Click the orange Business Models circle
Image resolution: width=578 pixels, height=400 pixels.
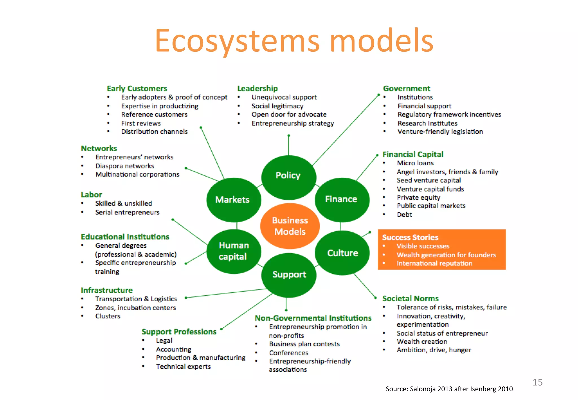point(290,226)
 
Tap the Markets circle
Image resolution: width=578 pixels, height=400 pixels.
point(233,200)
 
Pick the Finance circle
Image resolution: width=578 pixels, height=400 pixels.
point(341,199)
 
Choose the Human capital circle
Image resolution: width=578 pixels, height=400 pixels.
point(234,251)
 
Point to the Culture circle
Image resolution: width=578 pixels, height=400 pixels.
point(342,253)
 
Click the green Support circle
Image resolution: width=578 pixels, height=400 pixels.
point(289,274)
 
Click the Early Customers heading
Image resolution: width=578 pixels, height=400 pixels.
point(137,89)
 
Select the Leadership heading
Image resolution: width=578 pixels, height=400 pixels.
point(257,89)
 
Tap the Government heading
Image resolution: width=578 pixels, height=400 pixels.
point(406,89)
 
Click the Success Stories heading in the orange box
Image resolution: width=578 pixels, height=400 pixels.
point(410,237)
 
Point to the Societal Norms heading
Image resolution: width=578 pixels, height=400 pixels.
point(410,298)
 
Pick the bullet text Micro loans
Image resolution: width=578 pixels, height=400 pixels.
point(415,163)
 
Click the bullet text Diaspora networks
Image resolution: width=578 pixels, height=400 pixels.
point(125,166)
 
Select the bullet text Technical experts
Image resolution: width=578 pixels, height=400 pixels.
point(183,366)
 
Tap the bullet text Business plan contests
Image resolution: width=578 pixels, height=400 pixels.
point(304,344)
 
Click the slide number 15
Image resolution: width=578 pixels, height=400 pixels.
point(537,382)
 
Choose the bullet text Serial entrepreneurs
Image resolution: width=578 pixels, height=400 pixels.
point(127,212)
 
